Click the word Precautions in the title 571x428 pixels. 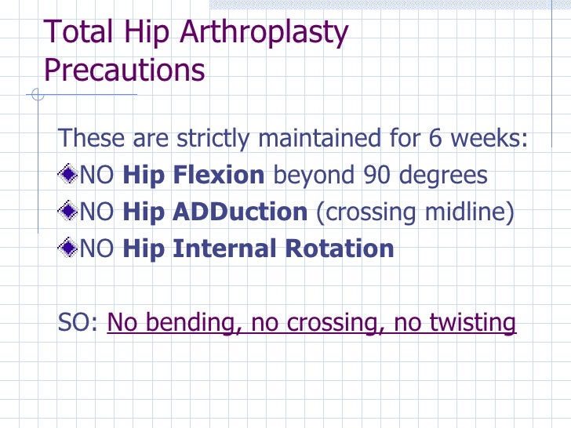(x=124, y=70)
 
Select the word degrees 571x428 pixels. (x=442, y=176)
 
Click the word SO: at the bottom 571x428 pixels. (x=78, y=323)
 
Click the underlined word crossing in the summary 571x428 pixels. (x=318, y=323)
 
